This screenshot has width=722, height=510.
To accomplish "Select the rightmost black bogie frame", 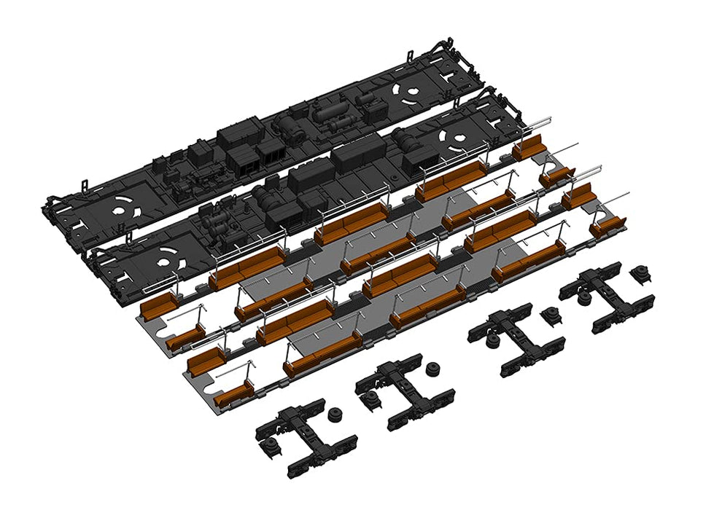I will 605,299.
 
